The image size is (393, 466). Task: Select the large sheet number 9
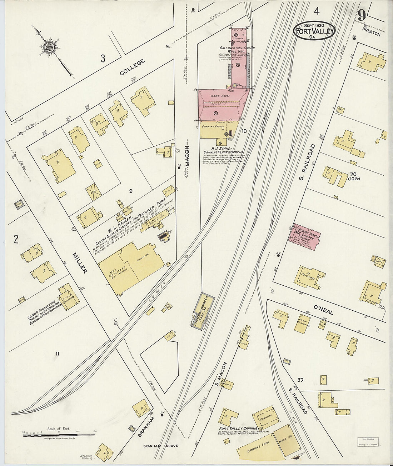tap(361, 15)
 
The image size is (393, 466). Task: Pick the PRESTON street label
tap(371, 35)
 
